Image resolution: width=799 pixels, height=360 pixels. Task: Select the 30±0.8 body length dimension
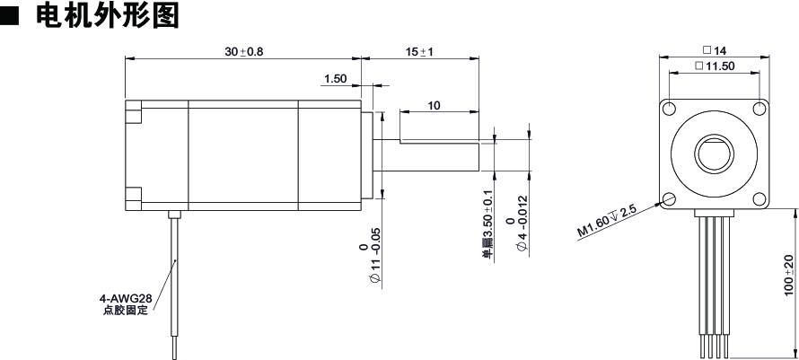(x=243, y=51)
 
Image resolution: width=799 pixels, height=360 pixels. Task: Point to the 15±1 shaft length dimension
(x=419, y=51)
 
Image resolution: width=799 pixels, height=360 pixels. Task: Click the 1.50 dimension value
(x=335, y=79)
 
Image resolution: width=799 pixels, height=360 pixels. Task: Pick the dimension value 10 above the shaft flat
(x=435, y=105)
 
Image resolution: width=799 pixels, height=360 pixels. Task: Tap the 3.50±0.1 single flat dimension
(x=487, y=224)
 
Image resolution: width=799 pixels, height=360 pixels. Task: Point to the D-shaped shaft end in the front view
(x=716, y=152)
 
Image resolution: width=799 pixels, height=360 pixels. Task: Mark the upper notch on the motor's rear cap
(x=133, y=114)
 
